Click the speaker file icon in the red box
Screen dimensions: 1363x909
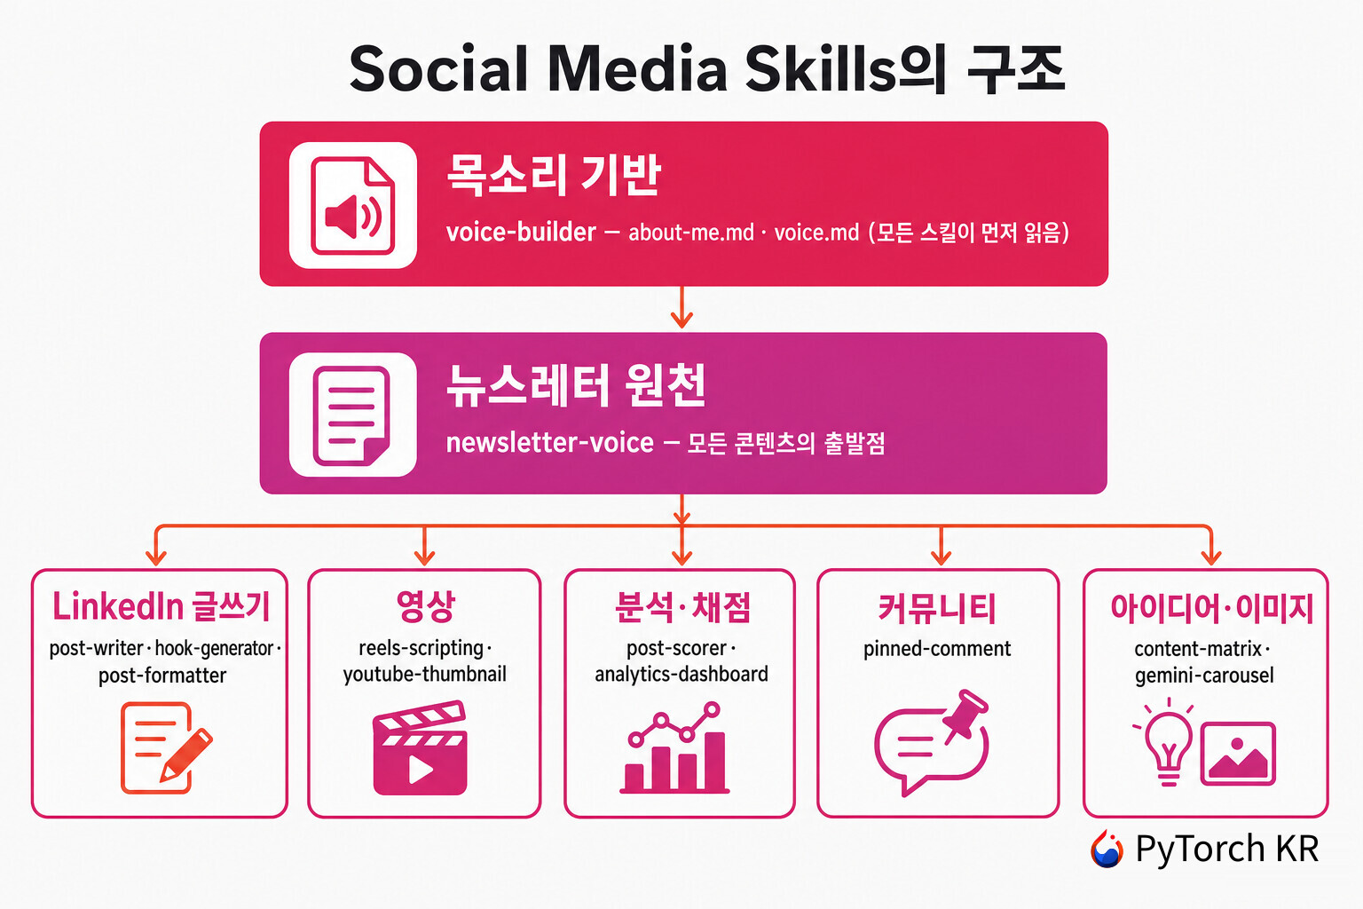[353, 205]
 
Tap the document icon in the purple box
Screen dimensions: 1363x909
[352, 415]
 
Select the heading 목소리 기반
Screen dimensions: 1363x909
[553, 175]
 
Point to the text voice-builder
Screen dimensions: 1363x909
[521, 232]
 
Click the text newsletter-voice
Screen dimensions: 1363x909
[549, 442]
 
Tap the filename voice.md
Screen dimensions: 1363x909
[816, 232]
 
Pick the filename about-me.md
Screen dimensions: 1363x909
[690, 232]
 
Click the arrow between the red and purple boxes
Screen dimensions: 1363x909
[681, 307]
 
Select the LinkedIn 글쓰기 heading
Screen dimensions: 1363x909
[161, 606]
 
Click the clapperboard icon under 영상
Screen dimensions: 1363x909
[420, 748]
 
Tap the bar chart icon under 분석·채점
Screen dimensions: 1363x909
[674, 747]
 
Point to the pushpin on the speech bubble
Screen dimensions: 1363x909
[966, 714]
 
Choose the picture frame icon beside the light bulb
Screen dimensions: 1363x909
[1238, 753]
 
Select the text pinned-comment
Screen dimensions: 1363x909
[937, 649]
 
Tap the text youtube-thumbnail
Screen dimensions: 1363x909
[425, 675]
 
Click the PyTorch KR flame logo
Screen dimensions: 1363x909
[1107, 848]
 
